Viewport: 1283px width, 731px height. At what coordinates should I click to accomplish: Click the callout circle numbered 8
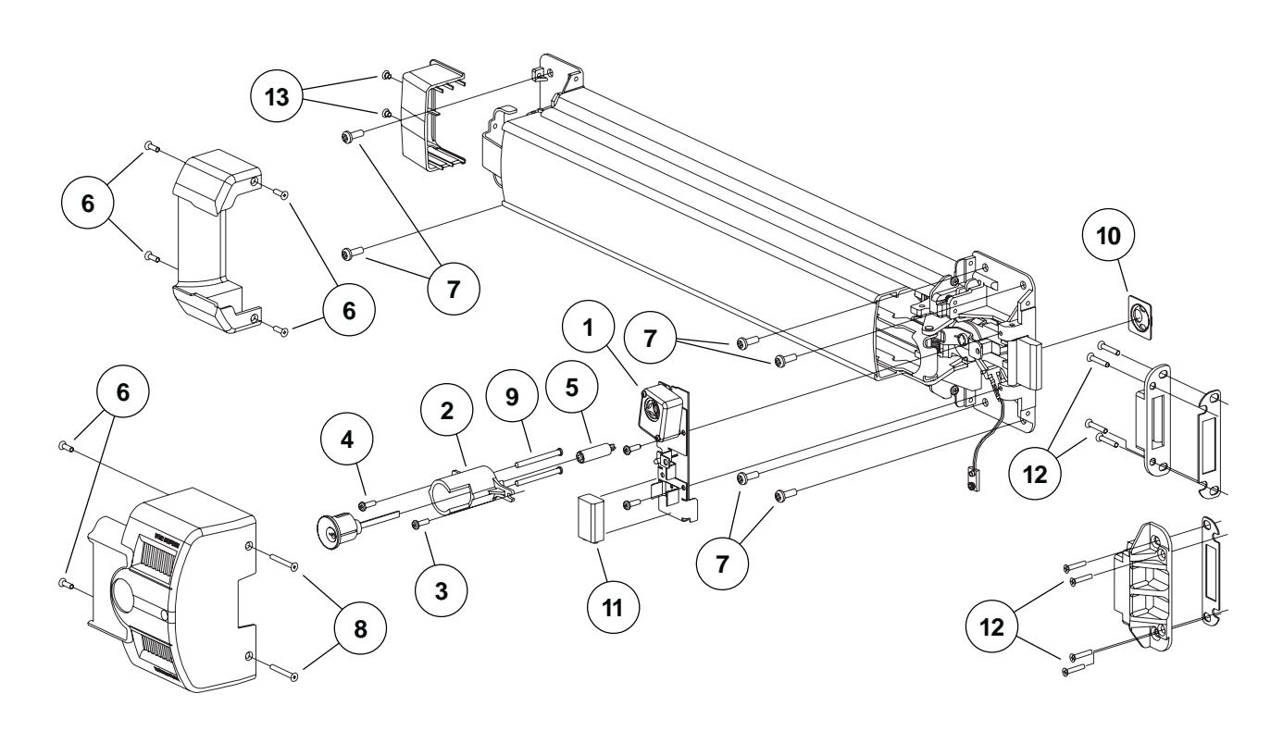click(x=360, y=625)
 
